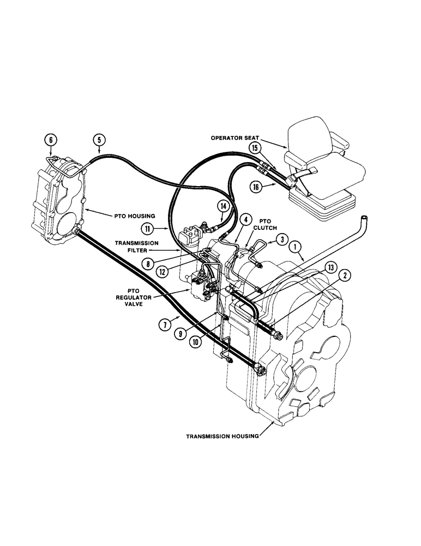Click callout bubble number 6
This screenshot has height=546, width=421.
pyautogui.click(x=50, y=140)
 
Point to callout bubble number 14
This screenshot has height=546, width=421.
pyautogui.click(x=222, y=206)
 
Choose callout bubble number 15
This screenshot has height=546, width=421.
pyautogui.click(x=254, y=147)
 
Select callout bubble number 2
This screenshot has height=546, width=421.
pyautogui.click(x=346, y=276)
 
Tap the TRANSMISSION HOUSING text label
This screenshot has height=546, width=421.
pyautogui.click(x=222, y=436)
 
